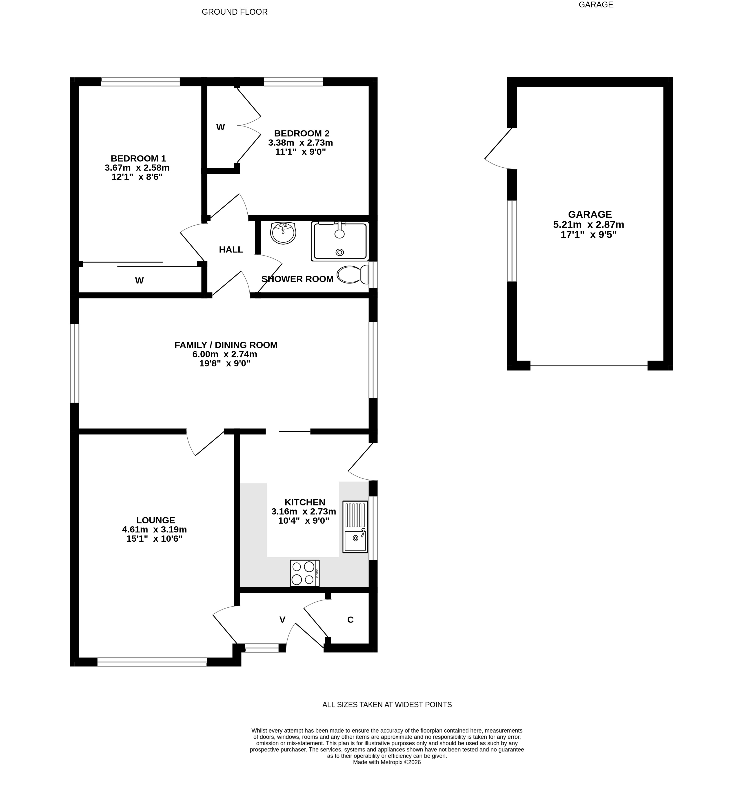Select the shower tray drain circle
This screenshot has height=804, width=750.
(x=339, y=252)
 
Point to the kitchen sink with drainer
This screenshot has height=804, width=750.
(x=355, y=527)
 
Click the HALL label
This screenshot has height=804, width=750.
(x=231, y=250)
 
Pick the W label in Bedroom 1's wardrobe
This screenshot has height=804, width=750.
(x=139, y=280)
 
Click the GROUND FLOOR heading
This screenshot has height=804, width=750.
(x=235, y=12)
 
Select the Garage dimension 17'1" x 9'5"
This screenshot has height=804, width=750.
(x=589, y=235)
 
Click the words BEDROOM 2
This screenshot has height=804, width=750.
(x=302, y=133)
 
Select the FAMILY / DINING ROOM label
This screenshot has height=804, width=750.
(x=226, y=345)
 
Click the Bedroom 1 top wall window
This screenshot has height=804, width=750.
(x=140, y=82)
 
